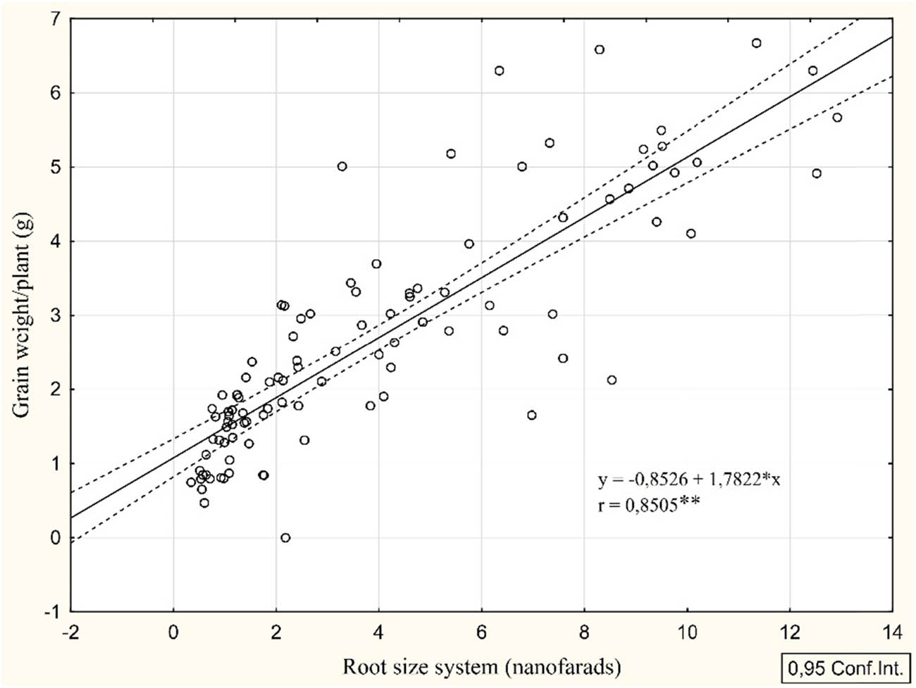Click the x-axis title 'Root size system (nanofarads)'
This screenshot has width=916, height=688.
point(481,665)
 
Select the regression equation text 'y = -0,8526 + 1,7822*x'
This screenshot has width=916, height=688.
point(689,480)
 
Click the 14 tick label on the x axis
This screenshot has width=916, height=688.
point(892,632)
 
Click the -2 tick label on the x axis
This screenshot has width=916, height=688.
point(70,632)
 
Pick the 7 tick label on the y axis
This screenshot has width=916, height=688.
point(55,19)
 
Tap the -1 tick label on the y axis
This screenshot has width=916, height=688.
point(52,612)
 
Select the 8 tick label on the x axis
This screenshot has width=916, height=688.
point(584,632)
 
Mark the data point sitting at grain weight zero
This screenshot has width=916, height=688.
point(285,538)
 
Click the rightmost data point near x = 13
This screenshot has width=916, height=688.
point(837,118)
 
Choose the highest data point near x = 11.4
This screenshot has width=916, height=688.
point(757,43)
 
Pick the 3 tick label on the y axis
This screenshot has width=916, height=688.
point(55,315)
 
